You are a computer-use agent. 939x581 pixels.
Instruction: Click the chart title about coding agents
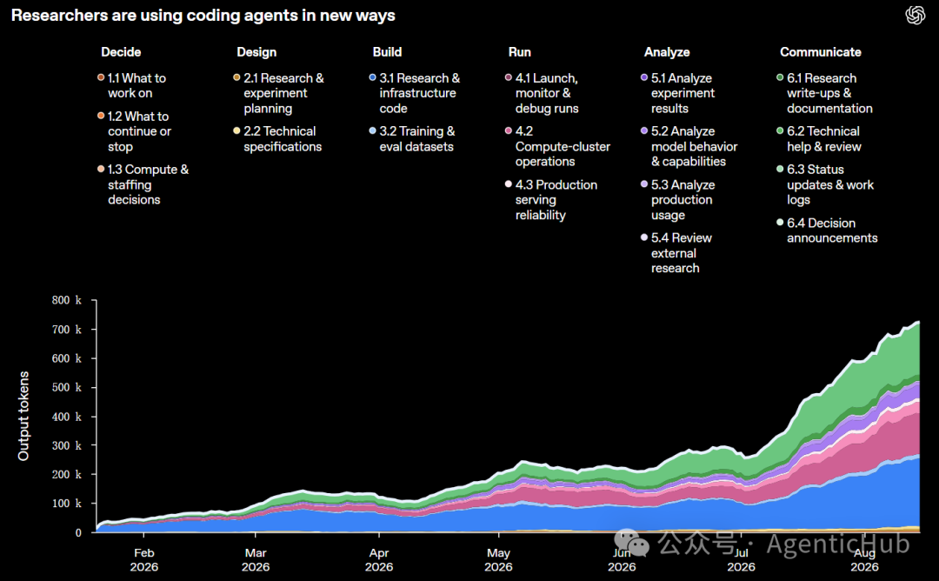pyautogui.click(x=203, y=16)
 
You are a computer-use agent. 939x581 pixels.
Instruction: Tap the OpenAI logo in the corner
pyautogui.click(x=915, y=15)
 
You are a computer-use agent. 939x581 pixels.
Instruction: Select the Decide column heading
pyautogui.click(x=121, y=52)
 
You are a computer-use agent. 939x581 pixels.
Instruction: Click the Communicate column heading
pyautogui.click(x=821, y=52)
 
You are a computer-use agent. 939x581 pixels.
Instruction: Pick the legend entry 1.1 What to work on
pyautogui.click(x=132, y=85)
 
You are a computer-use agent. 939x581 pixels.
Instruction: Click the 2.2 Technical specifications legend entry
pyautogui.click(x=278, y=139)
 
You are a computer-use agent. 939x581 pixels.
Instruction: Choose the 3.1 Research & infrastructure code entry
pyautogui.click(x=415, y=93)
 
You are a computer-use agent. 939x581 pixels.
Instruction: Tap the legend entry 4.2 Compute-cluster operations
pyautogui.click(x=557, y=146)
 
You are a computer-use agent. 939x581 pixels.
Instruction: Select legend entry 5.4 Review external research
pyautogui.click(x=676, y=253)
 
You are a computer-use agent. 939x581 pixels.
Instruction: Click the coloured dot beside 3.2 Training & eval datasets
pyautogui.click(x=372, y=130)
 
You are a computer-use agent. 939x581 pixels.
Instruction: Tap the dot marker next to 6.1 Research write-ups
pyautogui.click(x=780, y=77)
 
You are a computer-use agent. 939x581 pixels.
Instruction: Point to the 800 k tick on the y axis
pyautogui.click(x=66, y=300)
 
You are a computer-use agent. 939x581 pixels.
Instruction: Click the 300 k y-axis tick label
pyautogui.click(x=66, y=445)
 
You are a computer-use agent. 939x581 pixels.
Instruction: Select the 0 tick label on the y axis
pyautogui.click(x=78, y=532)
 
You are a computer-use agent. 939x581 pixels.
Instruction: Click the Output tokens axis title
pyautogui.click(x=23, y=416)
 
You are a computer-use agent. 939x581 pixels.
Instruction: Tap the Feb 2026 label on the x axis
pyautogui.click(x=144, y=560)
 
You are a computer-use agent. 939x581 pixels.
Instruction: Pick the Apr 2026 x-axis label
pyautogui.click(x=379, y=560)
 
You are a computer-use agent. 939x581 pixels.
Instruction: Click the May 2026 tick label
pyautogui.click(x=498, y=560)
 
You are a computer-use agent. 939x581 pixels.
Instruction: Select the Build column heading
pyautogui.click(x=388, y=52)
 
